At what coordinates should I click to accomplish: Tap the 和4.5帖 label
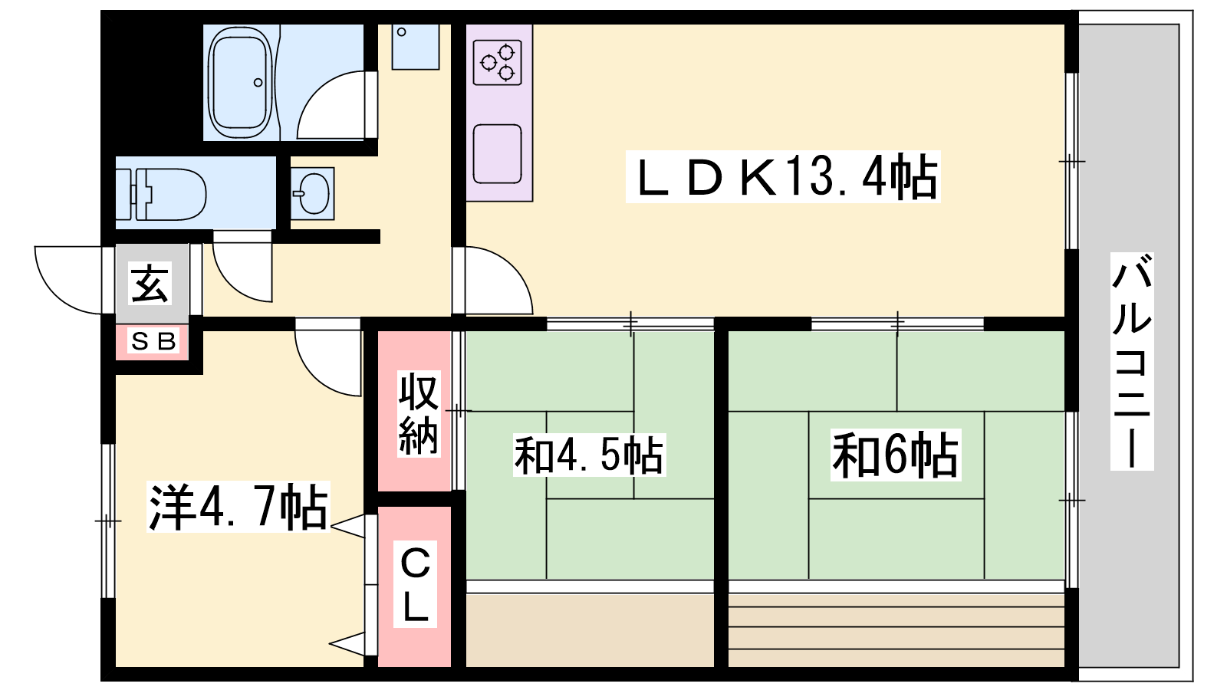pos(589,455)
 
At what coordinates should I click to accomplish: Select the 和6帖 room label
pos(896,455)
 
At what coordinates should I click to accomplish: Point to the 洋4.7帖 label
pos(238,507)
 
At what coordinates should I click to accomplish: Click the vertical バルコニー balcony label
pos(1132,361)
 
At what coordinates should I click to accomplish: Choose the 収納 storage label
pos(418,414)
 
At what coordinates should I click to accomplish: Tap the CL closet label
pos(415,584)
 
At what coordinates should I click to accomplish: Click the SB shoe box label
pos(153,341)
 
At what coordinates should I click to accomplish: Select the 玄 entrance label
pos(150,283)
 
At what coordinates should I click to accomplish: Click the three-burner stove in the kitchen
pos(498,62)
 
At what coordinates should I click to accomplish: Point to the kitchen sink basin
pos(498,154)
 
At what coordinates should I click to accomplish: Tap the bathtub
pos(241,84)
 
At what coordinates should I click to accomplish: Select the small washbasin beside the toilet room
pos(312,193)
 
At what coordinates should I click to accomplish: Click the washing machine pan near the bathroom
pos(416,47)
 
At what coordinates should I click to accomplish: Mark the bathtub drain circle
pos(258,83)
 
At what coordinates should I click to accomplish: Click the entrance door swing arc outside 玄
pos(68,280)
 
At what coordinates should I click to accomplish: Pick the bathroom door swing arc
pos(331,104)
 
